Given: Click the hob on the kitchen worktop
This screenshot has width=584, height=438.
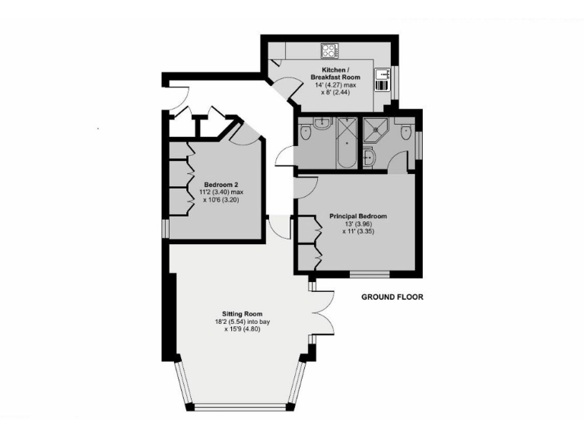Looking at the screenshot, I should tap(330, 52).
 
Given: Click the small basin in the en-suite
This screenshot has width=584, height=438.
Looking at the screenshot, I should tap(370, 157).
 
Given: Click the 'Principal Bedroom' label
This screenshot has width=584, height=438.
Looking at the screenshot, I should tap(357, 217).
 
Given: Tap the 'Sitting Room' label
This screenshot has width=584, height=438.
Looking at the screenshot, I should tap(242, 313).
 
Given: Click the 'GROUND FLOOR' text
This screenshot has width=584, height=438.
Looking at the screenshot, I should tap(392, 297).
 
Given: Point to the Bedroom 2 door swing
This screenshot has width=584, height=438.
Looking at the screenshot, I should tap(246, 135).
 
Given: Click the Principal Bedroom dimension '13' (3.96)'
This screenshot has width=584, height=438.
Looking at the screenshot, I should tap(357, 225).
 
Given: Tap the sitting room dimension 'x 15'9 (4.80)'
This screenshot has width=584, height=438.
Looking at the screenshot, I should tap(242, 330).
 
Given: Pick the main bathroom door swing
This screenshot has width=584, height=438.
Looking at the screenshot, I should tap(284, 154).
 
